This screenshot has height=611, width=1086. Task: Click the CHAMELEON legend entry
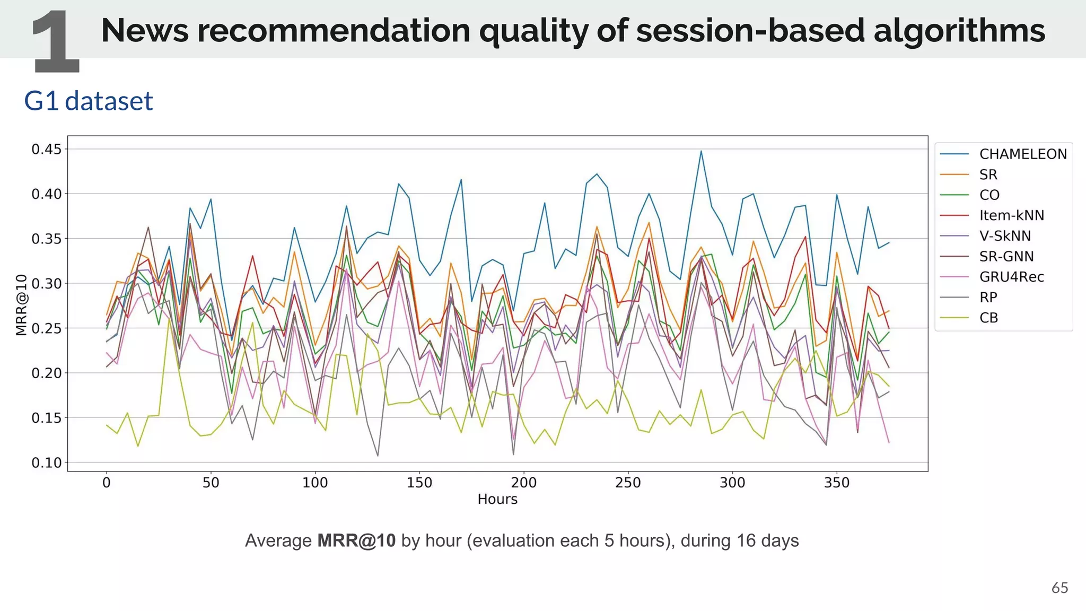point(1022,154)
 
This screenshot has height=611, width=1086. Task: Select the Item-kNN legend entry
point(1011,215)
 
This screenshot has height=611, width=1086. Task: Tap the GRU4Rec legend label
point(1011,277)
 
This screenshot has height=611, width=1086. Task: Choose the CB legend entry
point(988,318)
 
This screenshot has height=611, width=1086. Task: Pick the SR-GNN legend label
point(1006,257)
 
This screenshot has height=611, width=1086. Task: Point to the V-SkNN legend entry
point(1005,236)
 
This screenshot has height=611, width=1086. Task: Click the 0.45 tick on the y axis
point(47,149)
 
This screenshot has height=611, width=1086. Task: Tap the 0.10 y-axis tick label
point(47,462)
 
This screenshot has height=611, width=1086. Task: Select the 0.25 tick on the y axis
point(47,328)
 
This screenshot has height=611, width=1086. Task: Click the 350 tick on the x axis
point(837,483)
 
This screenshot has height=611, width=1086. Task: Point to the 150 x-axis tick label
point(419,483)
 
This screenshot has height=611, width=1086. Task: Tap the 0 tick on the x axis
point(107,483)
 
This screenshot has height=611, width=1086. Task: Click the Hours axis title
point(497,499)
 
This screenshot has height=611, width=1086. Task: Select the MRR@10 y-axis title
point(21,305)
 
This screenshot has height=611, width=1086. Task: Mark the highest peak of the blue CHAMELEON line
point(701,151)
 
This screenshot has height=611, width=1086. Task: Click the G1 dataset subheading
point(89,101)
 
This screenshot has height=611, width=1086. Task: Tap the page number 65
point(1059,588)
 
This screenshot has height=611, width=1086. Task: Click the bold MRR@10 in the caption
point(356,540)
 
